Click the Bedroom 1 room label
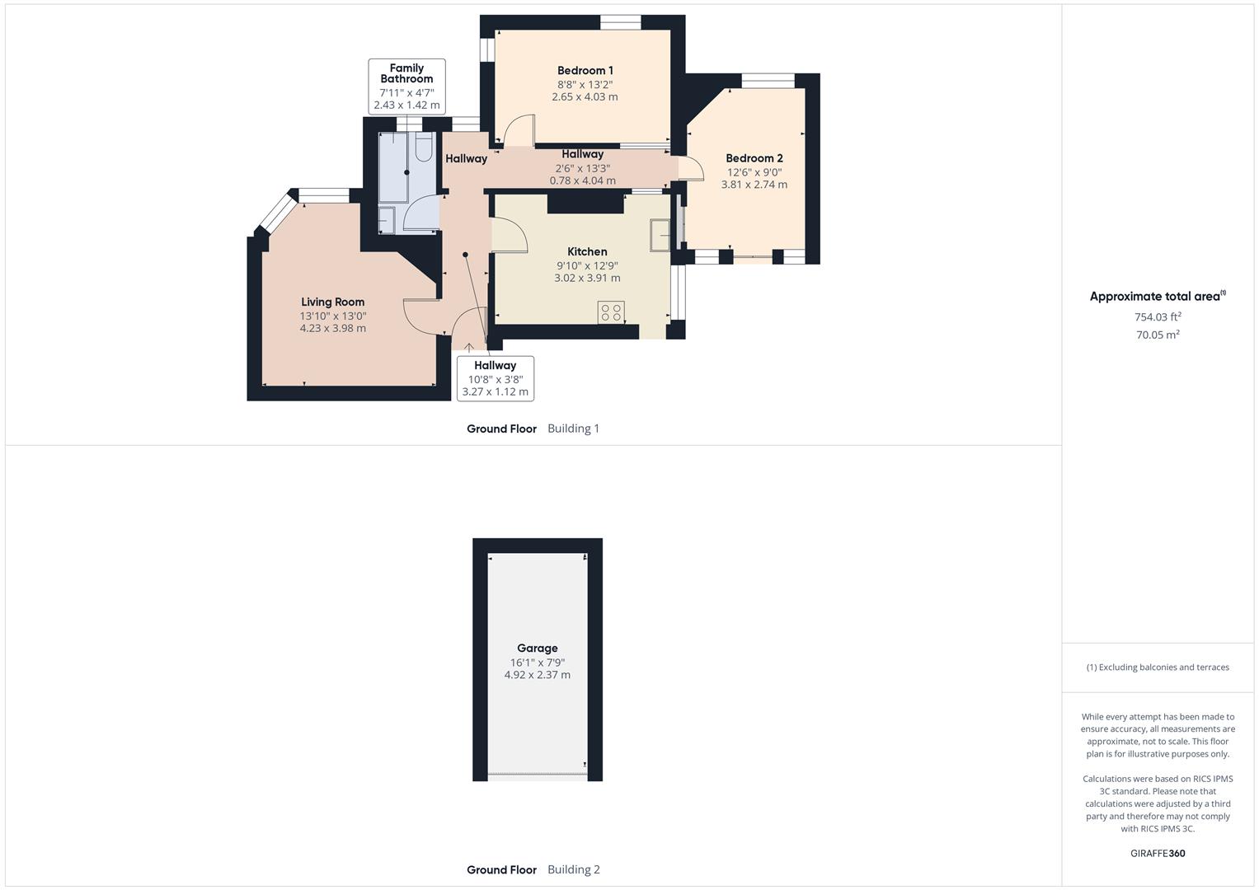585,71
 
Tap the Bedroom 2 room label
754,158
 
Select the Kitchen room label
587,252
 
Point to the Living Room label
332,302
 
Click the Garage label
537,649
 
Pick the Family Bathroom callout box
406,86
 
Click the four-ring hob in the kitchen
611,312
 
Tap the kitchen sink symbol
660,235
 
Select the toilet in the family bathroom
423,147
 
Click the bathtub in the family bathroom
394,166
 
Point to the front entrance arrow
469,348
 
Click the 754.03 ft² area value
1158,317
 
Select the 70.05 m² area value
1158,335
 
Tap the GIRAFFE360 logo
1158,854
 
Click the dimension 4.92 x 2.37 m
537,675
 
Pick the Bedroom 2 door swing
691,169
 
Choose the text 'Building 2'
574,869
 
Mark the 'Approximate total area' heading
1156,297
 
